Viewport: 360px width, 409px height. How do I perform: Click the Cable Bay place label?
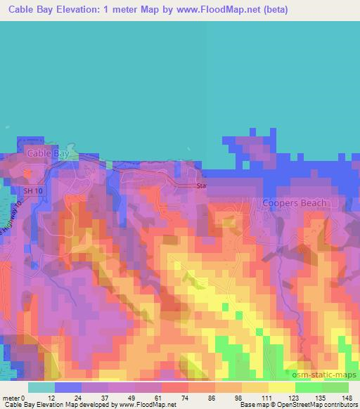point(46,152)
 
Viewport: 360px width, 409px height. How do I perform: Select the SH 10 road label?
point(33,191)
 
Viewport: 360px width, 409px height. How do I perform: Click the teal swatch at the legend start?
point(41,387)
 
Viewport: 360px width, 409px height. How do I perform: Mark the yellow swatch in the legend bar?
point(281,387)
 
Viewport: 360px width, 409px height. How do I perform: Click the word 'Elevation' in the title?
point(72,11)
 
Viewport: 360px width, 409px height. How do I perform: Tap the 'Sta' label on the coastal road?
point(202,186)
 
